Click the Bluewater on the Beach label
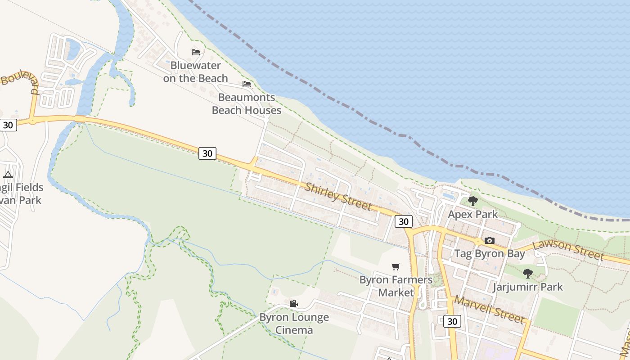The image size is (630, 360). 195,72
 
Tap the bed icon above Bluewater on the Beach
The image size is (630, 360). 196,52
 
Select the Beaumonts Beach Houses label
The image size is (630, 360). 247,103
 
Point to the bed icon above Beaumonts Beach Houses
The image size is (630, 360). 247,84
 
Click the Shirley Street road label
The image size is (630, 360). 338,197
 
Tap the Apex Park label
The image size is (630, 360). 473,214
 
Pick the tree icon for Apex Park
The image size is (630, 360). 472,201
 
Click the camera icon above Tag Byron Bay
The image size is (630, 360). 490,240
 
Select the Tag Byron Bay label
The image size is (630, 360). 490,253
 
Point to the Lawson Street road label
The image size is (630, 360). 568,250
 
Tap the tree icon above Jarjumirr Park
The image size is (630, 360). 528,273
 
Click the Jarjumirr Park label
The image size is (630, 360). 528,287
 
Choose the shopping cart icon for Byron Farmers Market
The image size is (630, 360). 396,266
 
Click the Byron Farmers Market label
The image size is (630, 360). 396,286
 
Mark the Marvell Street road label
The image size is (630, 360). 489,309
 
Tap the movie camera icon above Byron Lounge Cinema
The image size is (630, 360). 294,304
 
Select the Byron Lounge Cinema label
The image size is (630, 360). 294,324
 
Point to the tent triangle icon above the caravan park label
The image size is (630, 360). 8,175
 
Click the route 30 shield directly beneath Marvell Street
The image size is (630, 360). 452,321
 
